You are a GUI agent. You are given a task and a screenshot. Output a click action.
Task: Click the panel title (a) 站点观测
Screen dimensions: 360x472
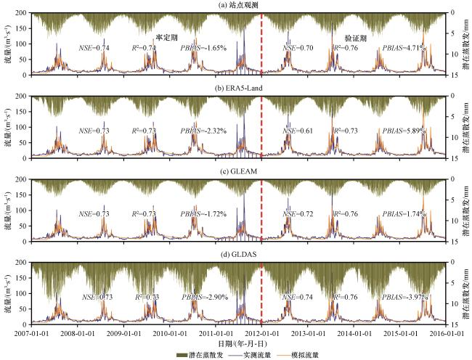(236, 5)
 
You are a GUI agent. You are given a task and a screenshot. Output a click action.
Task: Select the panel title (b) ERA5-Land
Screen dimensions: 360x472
(237, 89)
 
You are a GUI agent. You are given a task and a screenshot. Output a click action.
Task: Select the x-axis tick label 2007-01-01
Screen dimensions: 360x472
(31, 332)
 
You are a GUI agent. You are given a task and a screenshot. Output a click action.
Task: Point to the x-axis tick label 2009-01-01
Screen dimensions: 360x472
(123, 332)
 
